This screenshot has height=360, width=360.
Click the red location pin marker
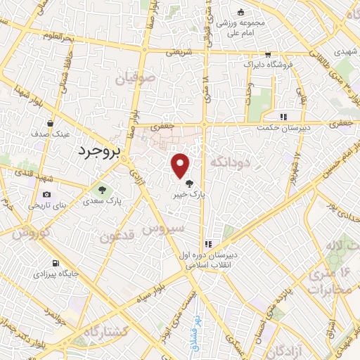coord(181,165)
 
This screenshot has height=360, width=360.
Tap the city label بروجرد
coord(99,150)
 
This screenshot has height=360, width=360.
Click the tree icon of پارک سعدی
coord(103,189)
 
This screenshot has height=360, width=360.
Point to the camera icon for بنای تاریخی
coord(46,195)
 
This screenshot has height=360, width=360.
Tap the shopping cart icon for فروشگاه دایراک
coord(267,55)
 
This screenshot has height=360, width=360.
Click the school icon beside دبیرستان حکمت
coord(283,117)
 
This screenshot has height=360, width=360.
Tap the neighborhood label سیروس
coord(164,229)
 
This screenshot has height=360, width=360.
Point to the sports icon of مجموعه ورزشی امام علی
coord(240,12)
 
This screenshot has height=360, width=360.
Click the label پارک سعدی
coord(103,201)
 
